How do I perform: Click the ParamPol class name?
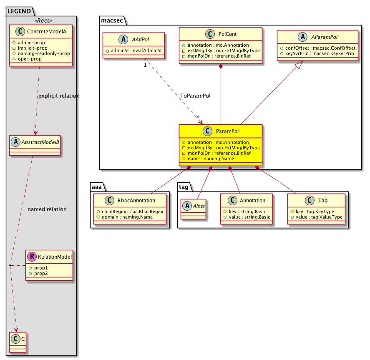point(227,131)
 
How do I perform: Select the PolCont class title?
point(227,34)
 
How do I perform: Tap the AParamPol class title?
point(324,37)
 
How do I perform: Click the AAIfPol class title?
point(141,40)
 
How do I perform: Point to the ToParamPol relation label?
point(195,96)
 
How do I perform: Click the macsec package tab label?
point(112,20)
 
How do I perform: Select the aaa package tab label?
point(97,187)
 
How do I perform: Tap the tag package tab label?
point(184,187)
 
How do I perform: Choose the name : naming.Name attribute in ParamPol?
point(211,159)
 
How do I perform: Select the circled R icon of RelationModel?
point(32,257)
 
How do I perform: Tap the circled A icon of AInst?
point(187,206)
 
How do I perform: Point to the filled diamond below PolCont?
point(221,66)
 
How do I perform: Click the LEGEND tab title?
point(19,11)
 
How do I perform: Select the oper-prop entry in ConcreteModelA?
point(30,59)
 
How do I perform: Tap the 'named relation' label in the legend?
point(47,209)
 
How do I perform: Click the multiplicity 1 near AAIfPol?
point(145,65)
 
